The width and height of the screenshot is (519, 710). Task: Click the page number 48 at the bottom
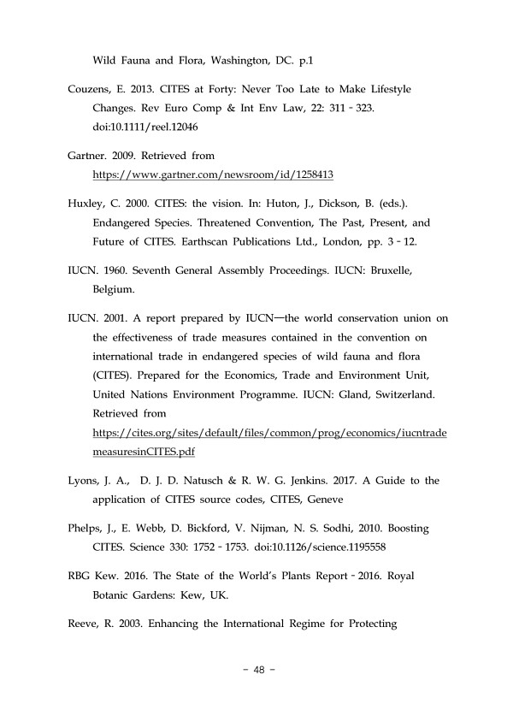(260, 671)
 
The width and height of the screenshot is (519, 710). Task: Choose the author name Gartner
(89, 155)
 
